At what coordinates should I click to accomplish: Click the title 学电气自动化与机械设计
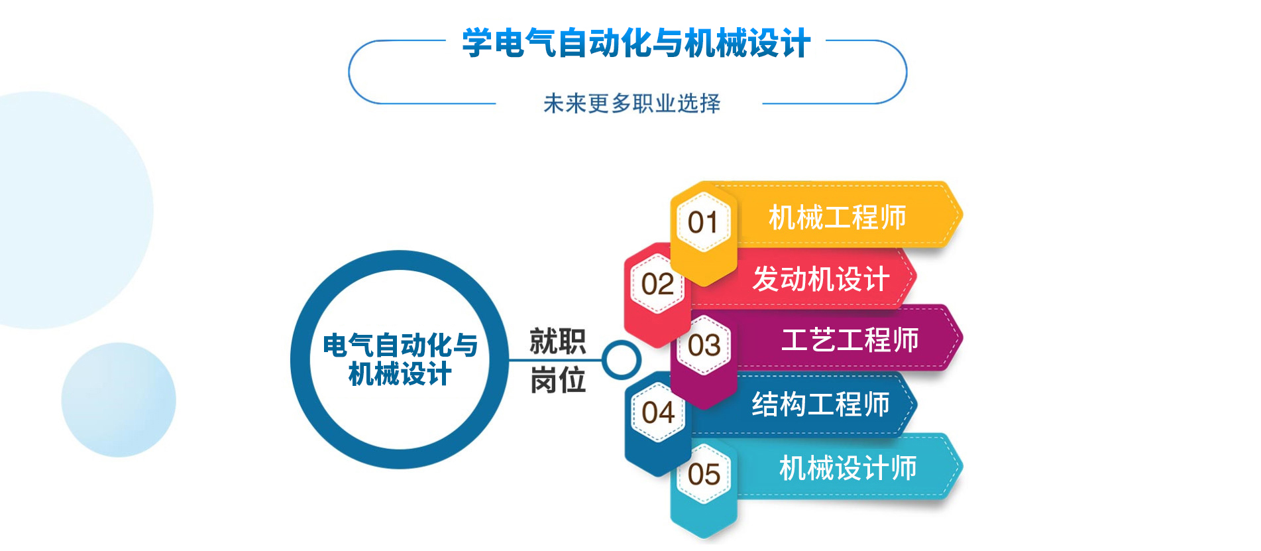pyautogui.click(x=636, y=43)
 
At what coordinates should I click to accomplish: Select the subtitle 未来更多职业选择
pyautogui.click(x=631, y=103)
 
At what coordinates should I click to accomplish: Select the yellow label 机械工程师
pyautogui.click(x=837, y=217)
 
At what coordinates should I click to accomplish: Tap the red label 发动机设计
pyautogui.click(x=820, y=278)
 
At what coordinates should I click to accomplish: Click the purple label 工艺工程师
pyautogui.click(x=850, y=340)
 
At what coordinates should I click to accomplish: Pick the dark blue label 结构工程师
pyautogui.click(x=820, y=404)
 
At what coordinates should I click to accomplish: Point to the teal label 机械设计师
pyautogui.click(x=848, y=468)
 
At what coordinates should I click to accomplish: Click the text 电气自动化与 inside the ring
pyautogui.click(x=400, y=345)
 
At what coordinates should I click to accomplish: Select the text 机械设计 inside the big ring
pyautogui.click(x=400, y=374)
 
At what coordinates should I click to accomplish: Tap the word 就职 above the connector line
pyautogui.click(x=558, y=341)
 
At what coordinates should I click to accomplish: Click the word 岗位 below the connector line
pyautogui.click(x=558, y=381)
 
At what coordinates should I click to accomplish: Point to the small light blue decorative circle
pyautogui.click(x=119, y=400)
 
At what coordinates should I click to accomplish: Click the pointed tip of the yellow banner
pyautogui.click(x=962, y=214)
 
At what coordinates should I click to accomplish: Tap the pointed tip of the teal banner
pyautogui.click(x=962, y=466)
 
